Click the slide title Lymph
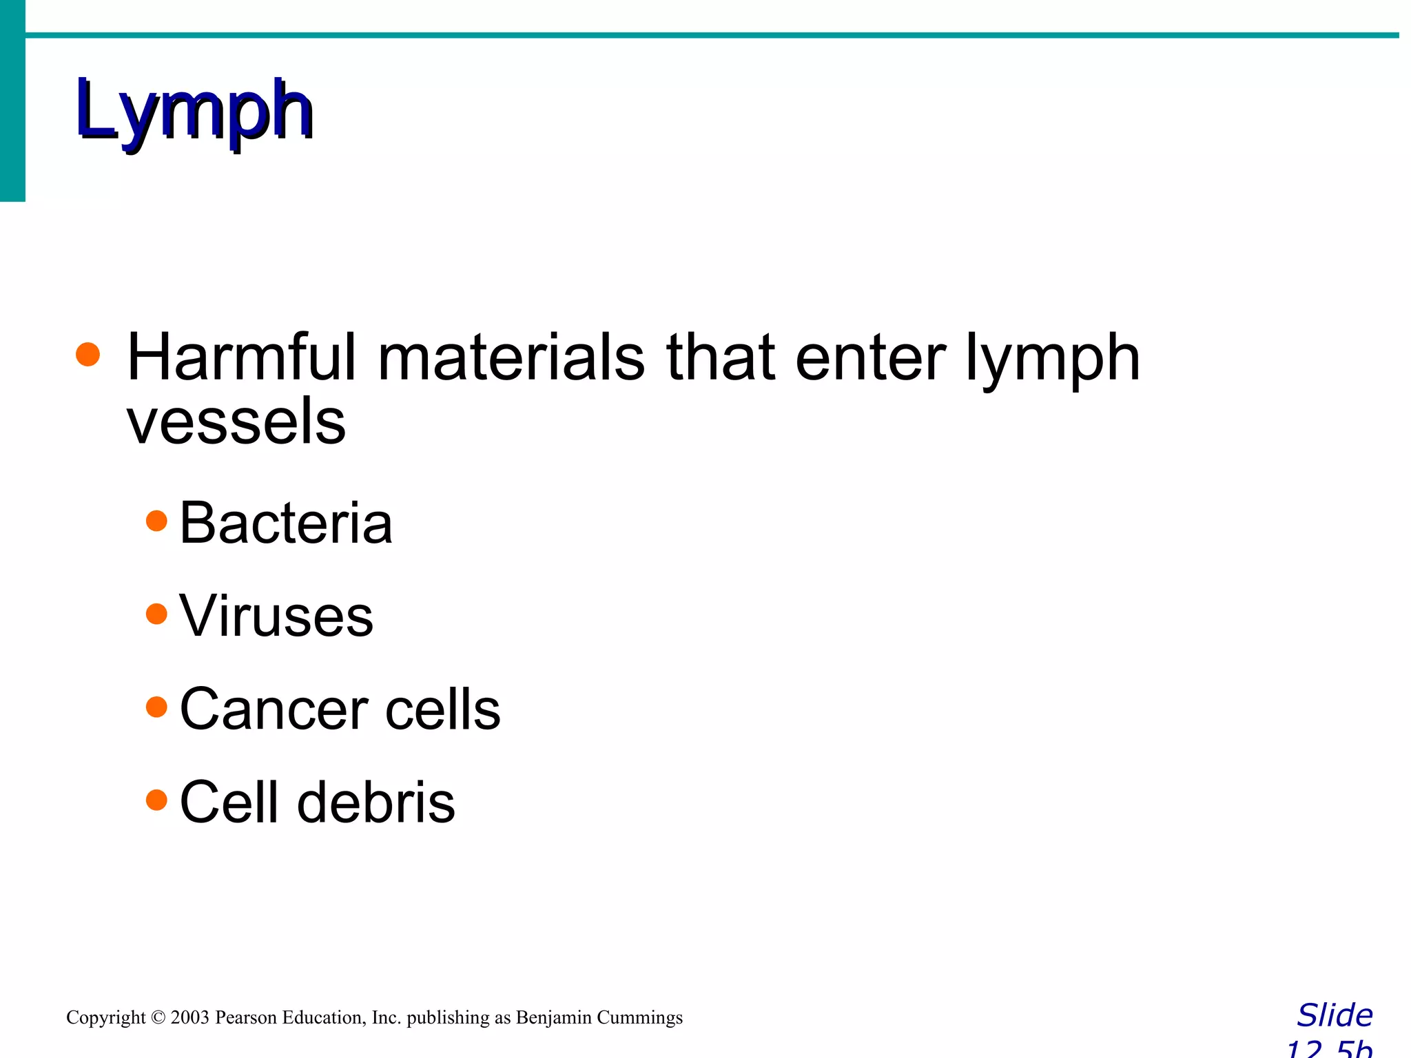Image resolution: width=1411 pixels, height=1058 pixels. (x=194, y=110)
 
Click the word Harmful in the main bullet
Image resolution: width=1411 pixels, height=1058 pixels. (x=242, y=357)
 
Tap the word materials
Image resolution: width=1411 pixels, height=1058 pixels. (x=511, y=357)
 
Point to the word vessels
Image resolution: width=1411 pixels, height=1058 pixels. (x=236, y=422)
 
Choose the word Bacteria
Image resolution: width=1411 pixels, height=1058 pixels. (x=285, y=523)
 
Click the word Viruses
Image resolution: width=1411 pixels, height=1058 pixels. (x=276, y=616)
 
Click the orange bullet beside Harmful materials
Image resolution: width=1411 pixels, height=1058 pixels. (x=88, y=355)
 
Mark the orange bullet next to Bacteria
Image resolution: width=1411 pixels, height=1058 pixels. (x=157, y=521)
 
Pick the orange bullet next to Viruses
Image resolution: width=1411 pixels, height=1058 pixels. (x=157, y=614)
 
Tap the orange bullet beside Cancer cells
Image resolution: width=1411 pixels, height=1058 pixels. (x=157, y=707)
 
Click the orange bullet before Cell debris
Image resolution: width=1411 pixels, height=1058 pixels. (x=157, y=800)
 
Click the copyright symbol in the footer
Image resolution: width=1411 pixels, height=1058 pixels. (x=158, y=1018)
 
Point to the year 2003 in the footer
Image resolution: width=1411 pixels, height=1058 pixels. (x=189, y=1018)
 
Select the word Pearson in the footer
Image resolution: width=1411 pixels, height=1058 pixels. (x=246, y=1018)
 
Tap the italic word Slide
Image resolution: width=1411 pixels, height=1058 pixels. (x=1335, y=1016)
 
